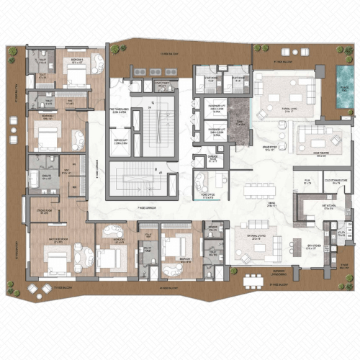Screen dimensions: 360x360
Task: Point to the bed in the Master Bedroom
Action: tap(54, 258)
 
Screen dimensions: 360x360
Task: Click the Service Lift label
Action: tap(120, 143)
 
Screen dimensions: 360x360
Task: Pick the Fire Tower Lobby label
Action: tap(120, 112)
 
